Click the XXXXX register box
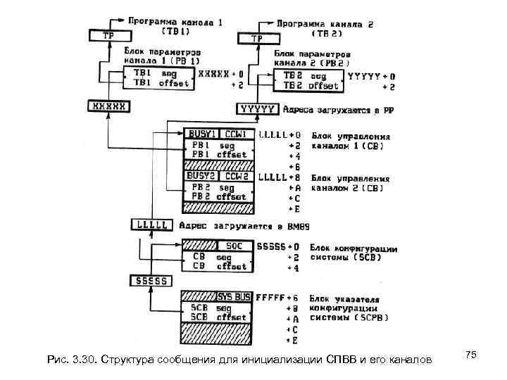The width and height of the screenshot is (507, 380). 108,107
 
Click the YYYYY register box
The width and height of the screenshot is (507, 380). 258,109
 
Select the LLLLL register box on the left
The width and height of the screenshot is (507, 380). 151,225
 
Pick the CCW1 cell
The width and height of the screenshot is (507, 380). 237,134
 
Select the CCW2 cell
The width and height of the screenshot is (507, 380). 237,176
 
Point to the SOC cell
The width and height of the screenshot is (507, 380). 234,246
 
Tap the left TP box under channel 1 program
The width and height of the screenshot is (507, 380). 108,34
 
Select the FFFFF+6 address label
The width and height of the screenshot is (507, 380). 279,298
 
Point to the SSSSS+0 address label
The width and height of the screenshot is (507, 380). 279,247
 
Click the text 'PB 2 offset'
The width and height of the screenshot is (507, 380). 219,197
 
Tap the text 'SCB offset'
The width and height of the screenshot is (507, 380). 219,317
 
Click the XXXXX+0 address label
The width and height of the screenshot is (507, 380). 221,73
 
